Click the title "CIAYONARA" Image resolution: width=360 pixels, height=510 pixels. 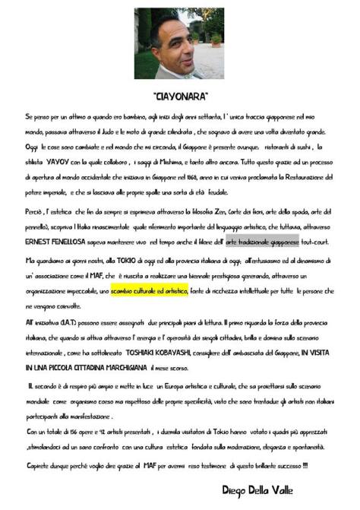[x=180, y=97]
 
